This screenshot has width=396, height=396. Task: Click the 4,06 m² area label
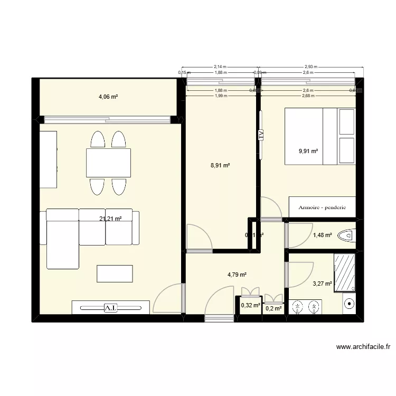click(108, 97)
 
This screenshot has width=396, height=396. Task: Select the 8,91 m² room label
click(220, 165)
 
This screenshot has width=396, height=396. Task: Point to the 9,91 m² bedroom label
click(308, 151)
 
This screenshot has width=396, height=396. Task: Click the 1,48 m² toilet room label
click(322, 235)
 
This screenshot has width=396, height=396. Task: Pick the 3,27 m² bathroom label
click(322, 284)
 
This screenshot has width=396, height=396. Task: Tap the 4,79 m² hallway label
click(237, 275)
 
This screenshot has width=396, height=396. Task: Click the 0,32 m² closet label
click(250, 305)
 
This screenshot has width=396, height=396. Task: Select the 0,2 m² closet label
click(274, 308)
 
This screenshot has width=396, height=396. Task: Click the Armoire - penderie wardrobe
click(322, 207)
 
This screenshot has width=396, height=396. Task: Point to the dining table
click(109, 163)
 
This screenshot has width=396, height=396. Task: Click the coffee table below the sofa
click(115, 274)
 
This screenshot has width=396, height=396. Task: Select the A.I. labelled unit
click(111, 307)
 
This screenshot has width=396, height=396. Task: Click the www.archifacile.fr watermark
click(363, 347)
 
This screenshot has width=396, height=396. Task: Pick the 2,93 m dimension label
click(309, 67)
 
